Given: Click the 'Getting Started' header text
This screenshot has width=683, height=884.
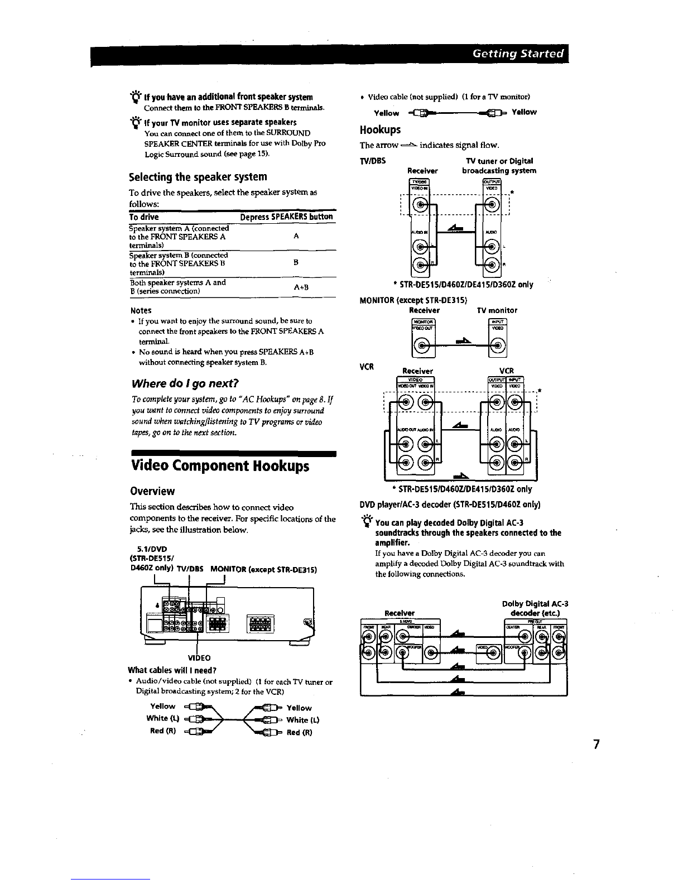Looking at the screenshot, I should click(518, 54).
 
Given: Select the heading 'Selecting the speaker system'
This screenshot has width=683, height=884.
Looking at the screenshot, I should click(198, 177).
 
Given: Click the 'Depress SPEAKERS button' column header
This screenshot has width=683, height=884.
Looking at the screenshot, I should click(286, 217).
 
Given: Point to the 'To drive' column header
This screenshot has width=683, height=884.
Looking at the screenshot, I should click(144, 217).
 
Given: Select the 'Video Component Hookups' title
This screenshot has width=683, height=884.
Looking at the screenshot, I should click(220, 465).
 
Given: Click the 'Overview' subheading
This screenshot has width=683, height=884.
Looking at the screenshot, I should click(152, 491).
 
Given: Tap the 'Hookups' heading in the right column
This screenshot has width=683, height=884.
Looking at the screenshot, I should click(381, 130).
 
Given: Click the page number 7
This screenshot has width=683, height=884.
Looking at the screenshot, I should click(597, 744).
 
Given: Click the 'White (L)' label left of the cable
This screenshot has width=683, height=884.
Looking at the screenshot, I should click(162, 718).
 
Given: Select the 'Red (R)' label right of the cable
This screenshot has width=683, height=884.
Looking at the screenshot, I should click(299, 732).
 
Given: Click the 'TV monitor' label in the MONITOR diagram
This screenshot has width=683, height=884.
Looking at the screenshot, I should click(497, 310).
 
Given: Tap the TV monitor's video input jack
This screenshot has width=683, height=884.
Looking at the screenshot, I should click(497, 349).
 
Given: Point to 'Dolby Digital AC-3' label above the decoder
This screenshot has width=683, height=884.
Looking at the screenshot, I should click(535, 603).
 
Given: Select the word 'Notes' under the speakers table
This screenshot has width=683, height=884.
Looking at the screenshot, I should click(141, 310).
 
